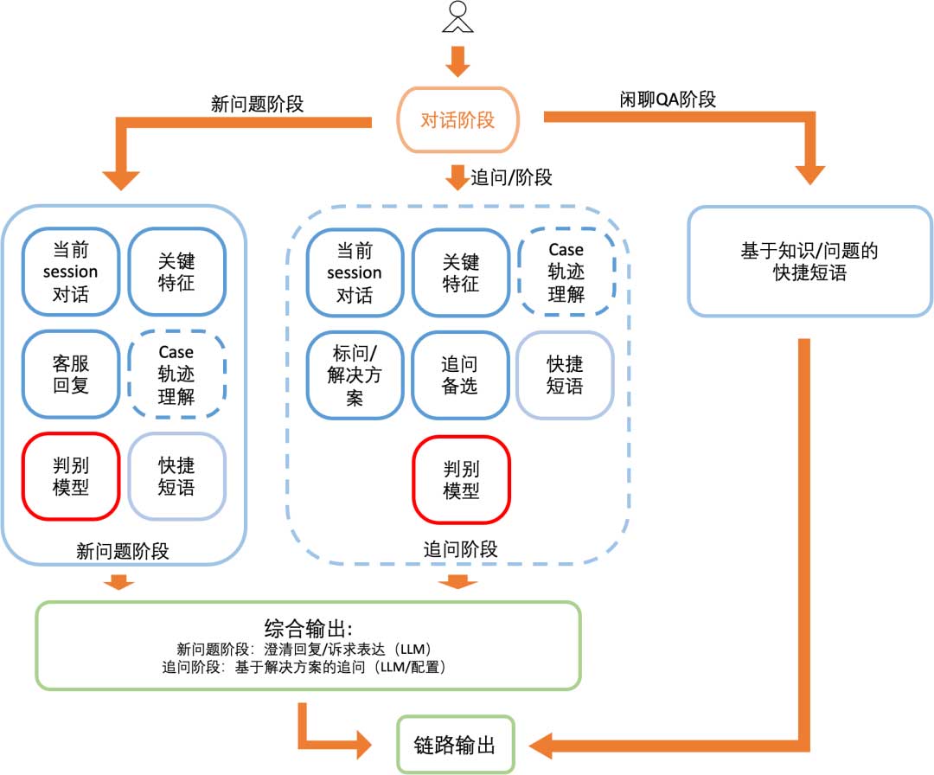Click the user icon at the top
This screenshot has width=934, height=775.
pyautogui.click(x=457, y=17)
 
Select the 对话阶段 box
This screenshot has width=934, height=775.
pyautogui.click(x=457, y=120)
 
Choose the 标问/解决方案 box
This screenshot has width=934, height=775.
pyautogui.click(x=355, y=375)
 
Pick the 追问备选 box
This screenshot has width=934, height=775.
pyautogui.click(x=459, y=375)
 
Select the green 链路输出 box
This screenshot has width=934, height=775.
pyautogui.click(x=456, y=744)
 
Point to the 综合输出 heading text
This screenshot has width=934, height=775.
pyautogui.click(x=307, y=627)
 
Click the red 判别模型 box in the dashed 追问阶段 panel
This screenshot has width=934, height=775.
pyautogui.click(x=461, y=479)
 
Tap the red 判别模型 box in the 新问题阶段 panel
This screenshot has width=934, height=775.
pyautogui.click(x=71, y=476)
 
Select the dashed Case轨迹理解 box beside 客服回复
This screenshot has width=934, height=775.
pyautogui.click(x=176, y=375)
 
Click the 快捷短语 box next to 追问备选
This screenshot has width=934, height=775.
pyautogui.click(x=565, y=375)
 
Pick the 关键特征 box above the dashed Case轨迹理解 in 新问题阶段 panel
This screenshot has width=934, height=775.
pyautogui.click(x=176, y=272)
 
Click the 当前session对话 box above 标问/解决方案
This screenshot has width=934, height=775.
pyautogui.click(x=355, y=272)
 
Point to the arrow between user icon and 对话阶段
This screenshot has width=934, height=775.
pyautogui.click(x=457, y=60)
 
